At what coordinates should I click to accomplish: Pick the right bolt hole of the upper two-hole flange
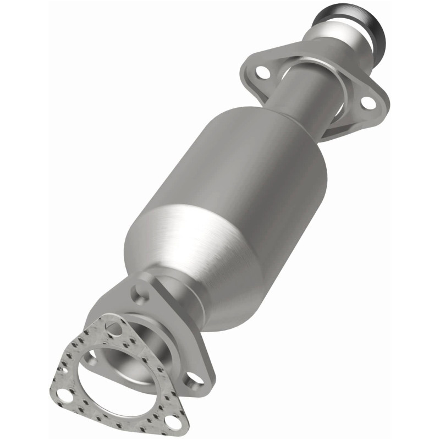(x=367, y=102)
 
